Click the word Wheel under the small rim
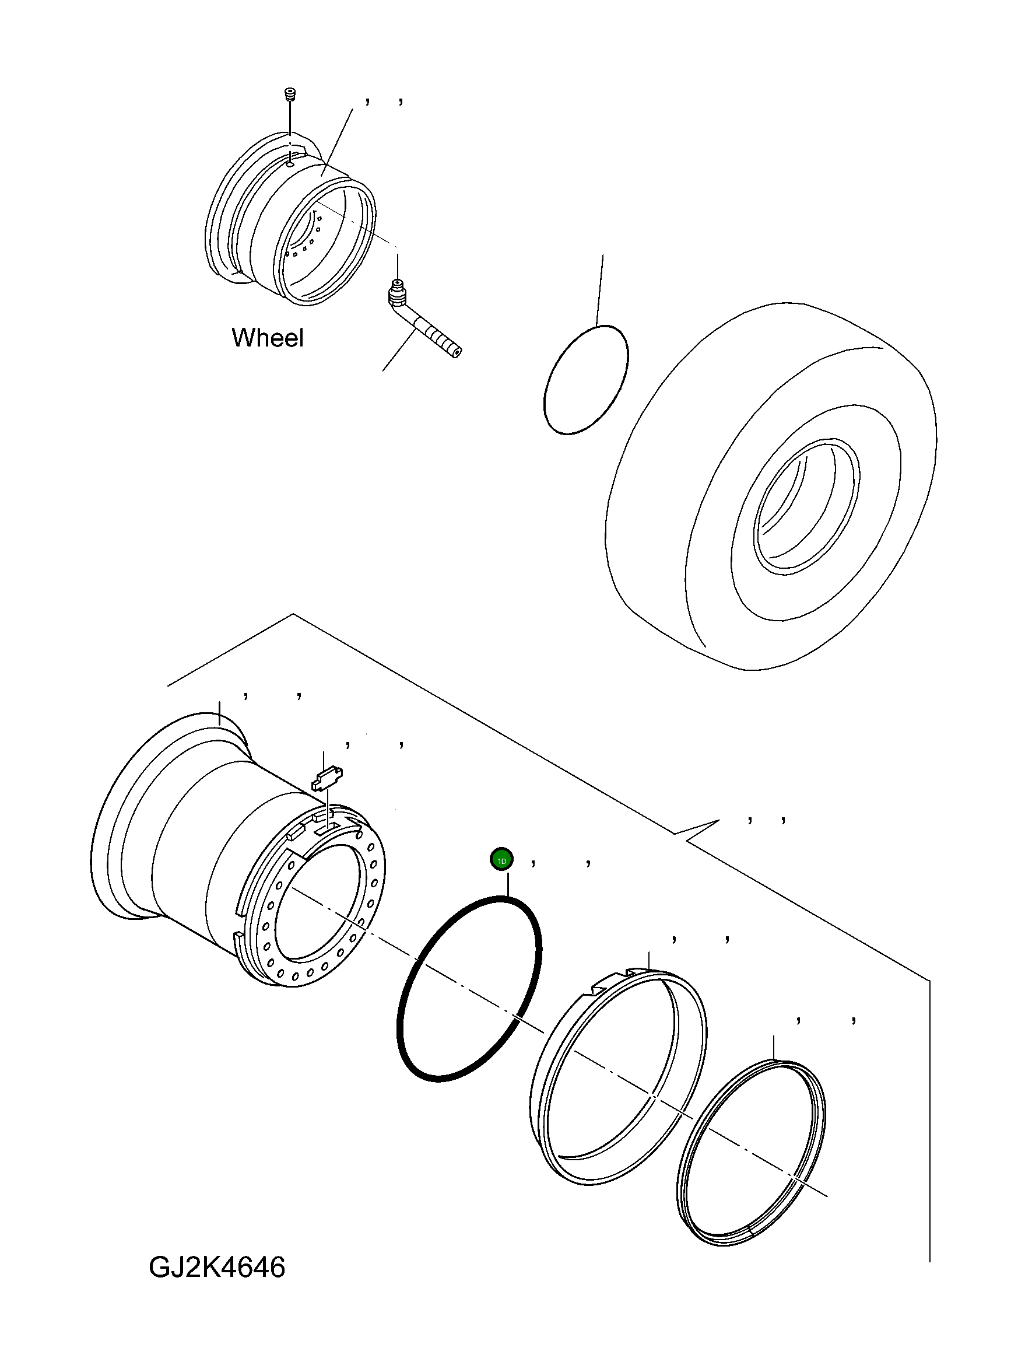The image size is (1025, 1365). tap(267, 338)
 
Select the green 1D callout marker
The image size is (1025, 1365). tap(501, 860)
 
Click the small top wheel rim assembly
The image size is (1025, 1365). tap(290, 216)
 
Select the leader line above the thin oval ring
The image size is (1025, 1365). tap(599, 290)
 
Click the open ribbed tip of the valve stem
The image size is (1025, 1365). tap(455, 351)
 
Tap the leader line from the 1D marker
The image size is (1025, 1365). tap(507, 883)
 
